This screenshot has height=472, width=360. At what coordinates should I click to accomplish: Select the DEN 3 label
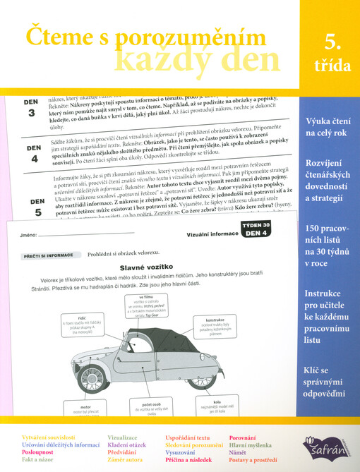pos(30,108)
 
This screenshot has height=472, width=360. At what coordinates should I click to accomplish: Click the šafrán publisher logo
pos(327,446)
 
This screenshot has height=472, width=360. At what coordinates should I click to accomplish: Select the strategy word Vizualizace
pos(124,438)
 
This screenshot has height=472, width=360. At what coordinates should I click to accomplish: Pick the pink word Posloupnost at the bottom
pos(41,452)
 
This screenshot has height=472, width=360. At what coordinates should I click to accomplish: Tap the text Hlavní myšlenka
pos(253,445)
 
